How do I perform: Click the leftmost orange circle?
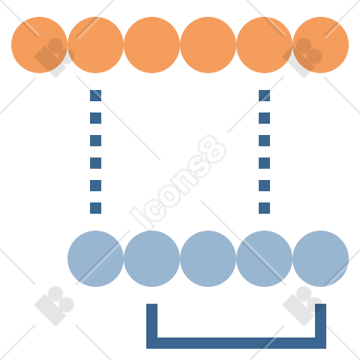(39, 45)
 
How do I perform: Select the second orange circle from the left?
(96, 45)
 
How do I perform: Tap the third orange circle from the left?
(152, 45)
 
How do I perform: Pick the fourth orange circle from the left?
(208, 45)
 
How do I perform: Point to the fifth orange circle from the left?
(264, 45)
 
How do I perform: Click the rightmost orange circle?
(321, 45)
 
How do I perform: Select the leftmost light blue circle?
(96, 259)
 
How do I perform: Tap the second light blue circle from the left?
(152, 259)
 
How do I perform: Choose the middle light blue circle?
(208, 259)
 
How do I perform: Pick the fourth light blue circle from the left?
(264, 259)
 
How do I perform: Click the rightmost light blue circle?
(321, 259)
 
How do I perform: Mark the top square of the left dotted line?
(96, 96)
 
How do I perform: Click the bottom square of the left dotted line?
(96, 208)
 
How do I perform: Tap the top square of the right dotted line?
(264, 96)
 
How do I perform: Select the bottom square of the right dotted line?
(264, 208)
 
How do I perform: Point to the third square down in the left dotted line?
(96, 141)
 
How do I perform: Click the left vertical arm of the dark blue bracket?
(152, 323)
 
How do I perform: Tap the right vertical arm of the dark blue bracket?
(321, 323)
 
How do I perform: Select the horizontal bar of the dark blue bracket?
(236, 343)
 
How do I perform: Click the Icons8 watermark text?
(178, 182)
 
